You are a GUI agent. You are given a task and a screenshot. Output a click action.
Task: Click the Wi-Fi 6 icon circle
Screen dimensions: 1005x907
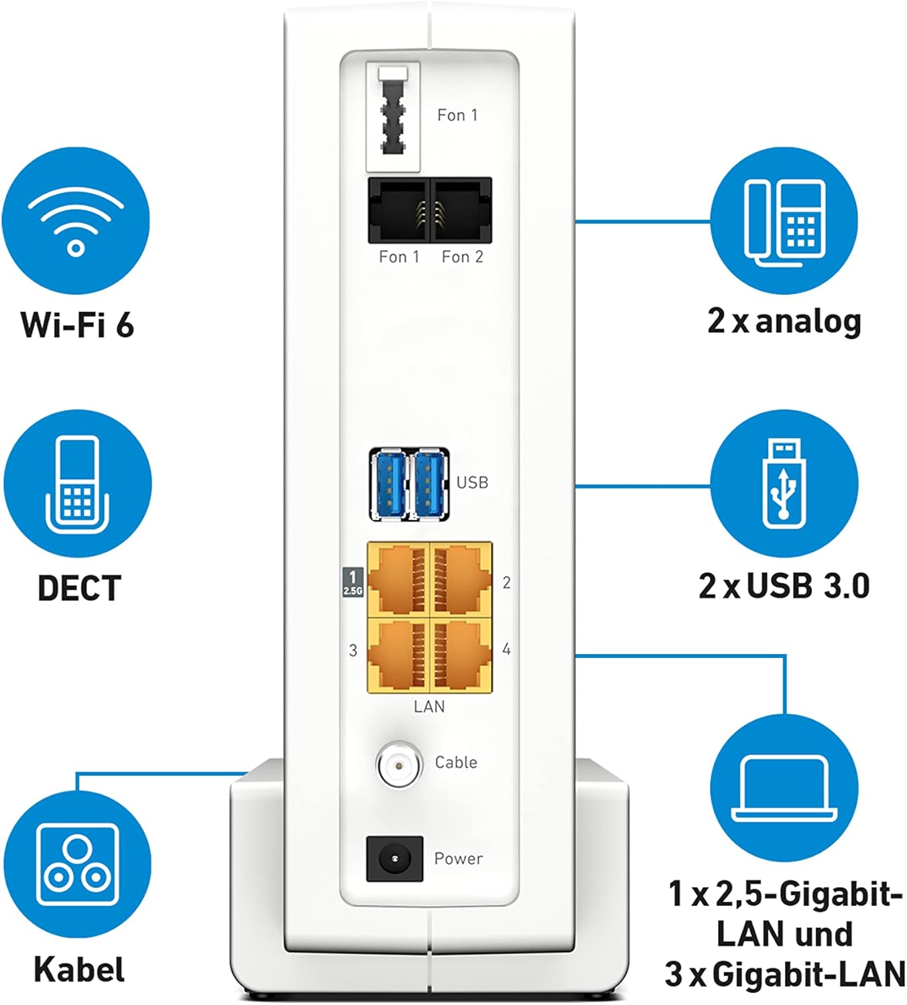[76, 221]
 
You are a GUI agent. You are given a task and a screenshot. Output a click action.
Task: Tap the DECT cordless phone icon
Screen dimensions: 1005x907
[78, 484]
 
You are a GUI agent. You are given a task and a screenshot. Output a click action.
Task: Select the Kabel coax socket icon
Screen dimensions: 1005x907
[78, 864]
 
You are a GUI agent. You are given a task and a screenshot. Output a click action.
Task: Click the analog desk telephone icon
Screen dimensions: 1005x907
[784, 222]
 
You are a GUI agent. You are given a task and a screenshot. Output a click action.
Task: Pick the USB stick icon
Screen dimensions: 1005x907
[784, 484]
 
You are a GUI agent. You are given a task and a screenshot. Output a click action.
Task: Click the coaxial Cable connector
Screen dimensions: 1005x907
[400, 763]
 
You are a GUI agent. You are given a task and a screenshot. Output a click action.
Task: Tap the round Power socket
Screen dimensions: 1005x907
[394, 858]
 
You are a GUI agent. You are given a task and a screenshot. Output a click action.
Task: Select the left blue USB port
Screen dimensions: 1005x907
[389, 484]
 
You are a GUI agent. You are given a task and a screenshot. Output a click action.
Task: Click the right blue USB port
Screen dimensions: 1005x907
[430, 484]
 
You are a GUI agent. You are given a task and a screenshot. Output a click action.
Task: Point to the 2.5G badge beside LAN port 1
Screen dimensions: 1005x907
[353, 582]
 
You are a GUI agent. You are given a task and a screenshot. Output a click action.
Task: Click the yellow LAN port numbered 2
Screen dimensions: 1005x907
[461, 580]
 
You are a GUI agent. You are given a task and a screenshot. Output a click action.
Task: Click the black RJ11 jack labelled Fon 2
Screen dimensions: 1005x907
[462, 210]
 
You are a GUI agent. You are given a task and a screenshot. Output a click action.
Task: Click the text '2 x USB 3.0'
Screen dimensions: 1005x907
[784, 586]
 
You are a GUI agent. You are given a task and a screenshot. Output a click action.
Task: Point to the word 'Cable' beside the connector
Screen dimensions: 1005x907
[456, 762]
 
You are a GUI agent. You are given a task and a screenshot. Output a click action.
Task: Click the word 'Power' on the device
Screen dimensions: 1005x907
[458, 858]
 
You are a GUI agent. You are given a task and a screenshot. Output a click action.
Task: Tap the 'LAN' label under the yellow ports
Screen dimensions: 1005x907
[429, 706]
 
